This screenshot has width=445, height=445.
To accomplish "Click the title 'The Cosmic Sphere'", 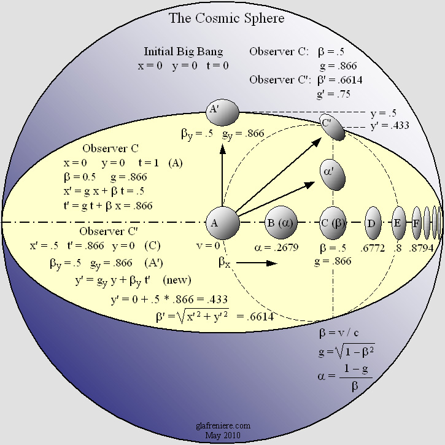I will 227,18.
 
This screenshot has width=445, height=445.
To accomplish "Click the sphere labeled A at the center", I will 222,223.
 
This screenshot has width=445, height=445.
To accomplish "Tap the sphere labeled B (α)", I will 279,223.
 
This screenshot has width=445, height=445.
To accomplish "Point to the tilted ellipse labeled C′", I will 331,126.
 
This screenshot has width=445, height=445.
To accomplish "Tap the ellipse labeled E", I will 398,223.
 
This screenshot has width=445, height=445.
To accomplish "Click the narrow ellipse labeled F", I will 417,223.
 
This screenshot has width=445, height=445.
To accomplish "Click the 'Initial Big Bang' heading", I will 184,52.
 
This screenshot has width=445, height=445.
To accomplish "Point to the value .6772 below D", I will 373,248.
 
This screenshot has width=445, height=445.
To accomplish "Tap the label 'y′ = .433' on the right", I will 390,125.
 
